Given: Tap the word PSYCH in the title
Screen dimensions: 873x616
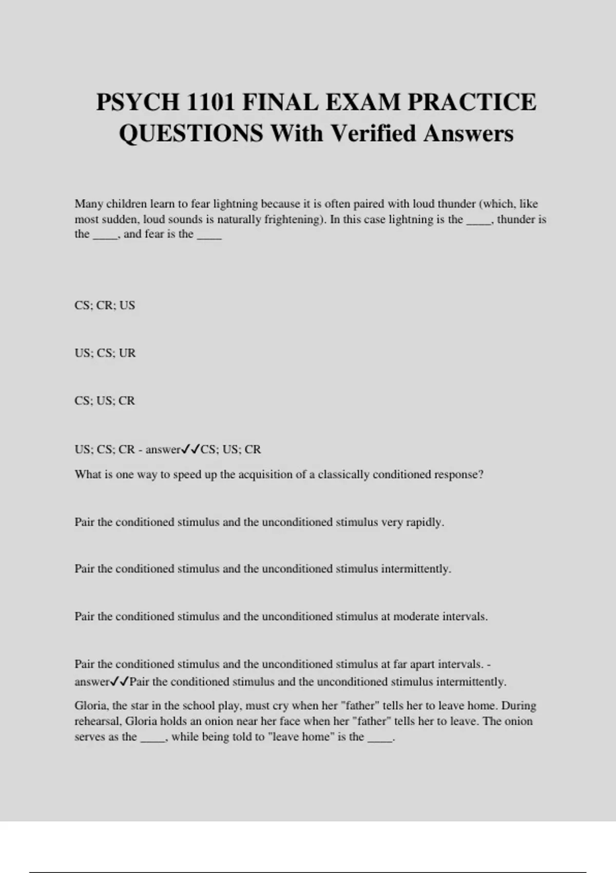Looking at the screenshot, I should click(137, 102).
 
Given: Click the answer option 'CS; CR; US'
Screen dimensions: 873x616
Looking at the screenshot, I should click(105, 305).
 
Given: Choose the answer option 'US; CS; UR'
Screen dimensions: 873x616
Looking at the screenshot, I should click(105, 353).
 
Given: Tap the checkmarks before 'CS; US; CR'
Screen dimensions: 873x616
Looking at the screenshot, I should click(190, 449).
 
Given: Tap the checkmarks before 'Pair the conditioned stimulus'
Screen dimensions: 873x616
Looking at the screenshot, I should click(120, 682).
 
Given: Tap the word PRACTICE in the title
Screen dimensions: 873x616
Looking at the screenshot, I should click(472, 102).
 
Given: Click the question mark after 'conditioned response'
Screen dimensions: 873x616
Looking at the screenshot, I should click(480, 474).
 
